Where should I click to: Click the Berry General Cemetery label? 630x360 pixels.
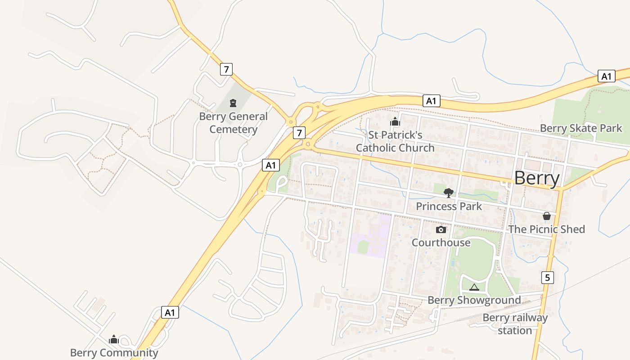234,123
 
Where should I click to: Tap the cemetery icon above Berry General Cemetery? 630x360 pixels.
233,103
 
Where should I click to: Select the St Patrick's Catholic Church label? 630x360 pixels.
395,141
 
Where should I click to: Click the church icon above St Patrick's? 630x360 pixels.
395,121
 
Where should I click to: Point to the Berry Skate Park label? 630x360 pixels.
581,128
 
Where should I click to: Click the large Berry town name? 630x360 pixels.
537,178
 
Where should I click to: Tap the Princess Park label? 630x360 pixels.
449,207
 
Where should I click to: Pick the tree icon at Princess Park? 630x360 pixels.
448,193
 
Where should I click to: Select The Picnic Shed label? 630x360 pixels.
546,229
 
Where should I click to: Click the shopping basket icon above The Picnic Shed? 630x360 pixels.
546,216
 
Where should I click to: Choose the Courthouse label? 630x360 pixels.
441,243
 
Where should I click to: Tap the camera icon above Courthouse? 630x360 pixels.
441,230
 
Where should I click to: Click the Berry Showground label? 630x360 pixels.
474,300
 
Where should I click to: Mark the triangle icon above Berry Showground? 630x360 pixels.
474,287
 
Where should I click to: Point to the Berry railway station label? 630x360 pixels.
515,324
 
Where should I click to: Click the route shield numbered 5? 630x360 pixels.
547,278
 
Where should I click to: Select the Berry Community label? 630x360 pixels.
114,353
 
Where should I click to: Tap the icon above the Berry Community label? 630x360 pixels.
114,339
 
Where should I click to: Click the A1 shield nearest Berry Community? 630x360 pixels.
170,312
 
